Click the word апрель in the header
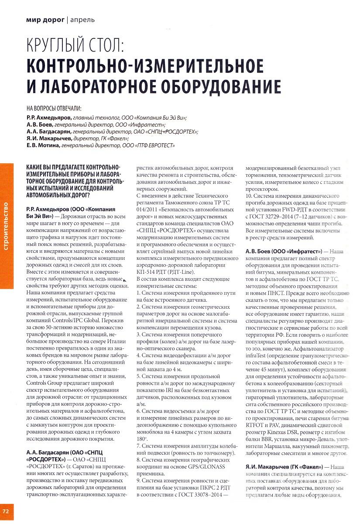(x=82, y=20)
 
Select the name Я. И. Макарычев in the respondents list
(x=48, y=138)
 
